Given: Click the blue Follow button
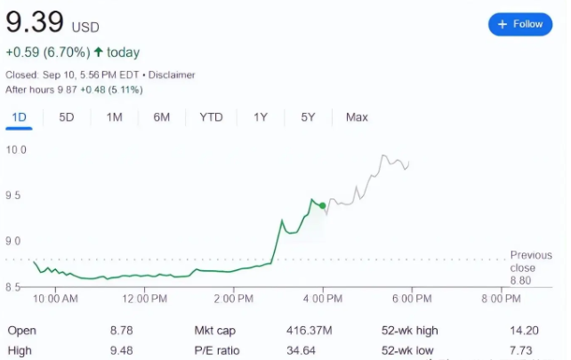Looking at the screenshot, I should click(520, 24).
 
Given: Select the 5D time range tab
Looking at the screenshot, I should click(67, 117).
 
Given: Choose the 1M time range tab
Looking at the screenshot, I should click(114, 117).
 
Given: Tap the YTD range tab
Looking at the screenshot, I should click(212, 117).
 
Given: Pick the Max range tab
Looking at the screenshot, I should click(357, 117).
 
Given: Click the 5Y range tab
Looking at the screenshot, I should click(308, 117).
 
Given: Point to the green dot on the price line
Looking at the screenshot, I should click(322, 205).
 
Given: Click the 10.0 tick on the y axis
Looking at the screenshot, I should click(17, 149).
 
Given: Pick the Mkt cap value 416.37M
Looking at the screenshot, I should click(307, 331).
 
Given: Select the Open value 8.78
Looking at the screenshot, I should click(121, 331).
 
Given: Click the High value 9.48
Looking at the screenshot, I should click(121, 350).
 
